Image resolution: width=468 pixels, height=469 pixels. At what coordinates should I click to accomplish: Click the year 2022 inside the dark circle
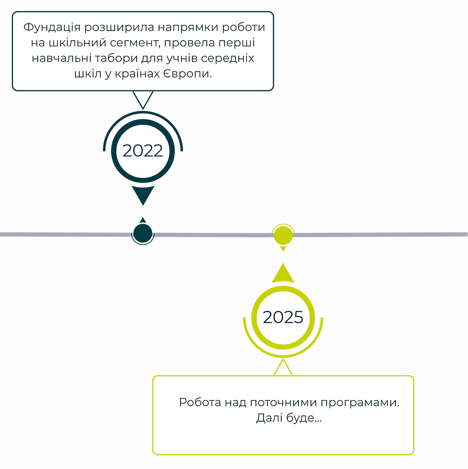143,151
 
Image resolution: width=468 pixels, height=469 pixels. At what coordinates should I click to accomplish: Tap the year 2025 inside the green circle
283,317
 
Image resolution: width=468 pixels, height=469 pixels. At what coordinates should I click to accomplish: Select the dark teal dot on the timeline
142,233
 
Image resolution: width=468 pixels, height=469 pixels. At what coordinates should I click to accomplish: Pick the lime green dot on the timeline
283,234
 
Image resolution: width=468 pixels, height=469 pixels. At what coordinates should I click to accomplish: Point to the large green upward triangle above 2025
283,274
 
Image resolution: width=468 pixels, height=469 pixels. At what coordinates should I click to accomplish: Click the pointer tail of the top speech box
142,99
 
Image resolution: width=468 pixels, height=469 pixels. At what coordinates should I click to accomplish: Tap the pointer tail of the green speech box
283,368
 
